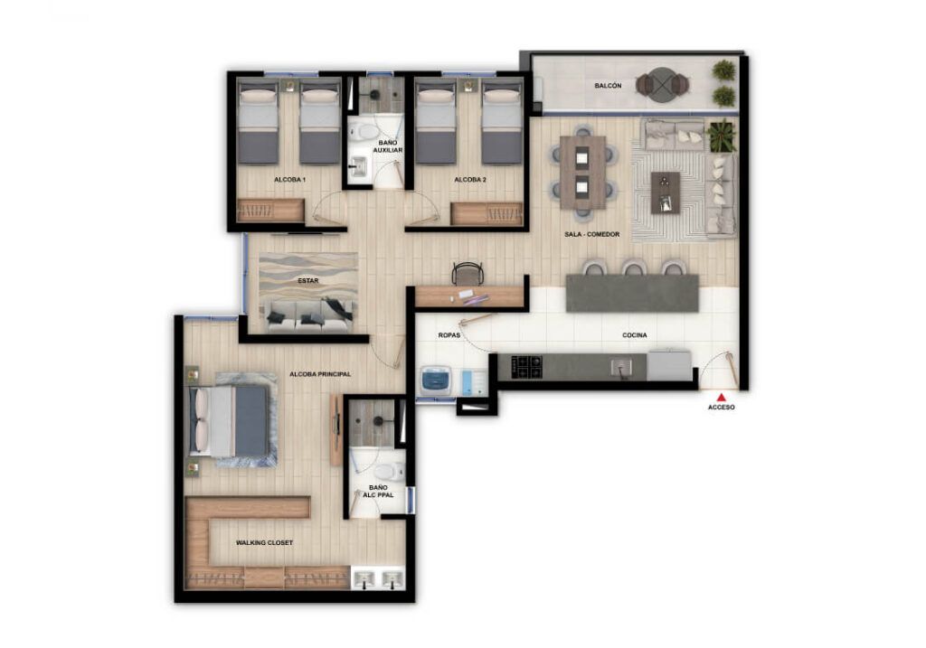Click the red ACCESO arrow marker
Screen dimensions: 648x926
(721, 397)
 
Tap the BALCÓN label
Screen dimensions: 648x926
(607, 86)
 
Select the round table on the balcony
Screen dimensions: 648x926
(662, 85)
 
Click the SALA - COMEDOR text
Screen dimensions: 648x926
(591, 234)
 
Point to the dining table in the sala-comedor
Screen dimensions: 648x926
(582, 171)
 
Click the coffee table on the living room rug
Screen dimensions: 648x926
(666, 192)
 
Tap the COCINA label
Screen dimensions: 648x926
(634, 335)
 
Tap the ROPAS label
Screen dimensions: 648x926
(449, 335)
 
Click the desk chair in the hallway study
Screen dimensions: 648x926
(468, 273)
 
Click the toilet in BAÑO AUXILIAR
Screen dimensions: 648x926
(366, 132)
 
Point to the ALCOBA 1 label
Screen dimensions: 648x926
(289, 180)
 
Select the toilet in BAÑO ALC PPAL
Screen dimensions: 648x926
(388, 471)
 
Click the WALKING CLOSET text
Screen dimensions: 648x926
(264, 543)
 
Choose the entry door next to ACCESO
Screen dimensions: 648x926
(722, 369)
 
